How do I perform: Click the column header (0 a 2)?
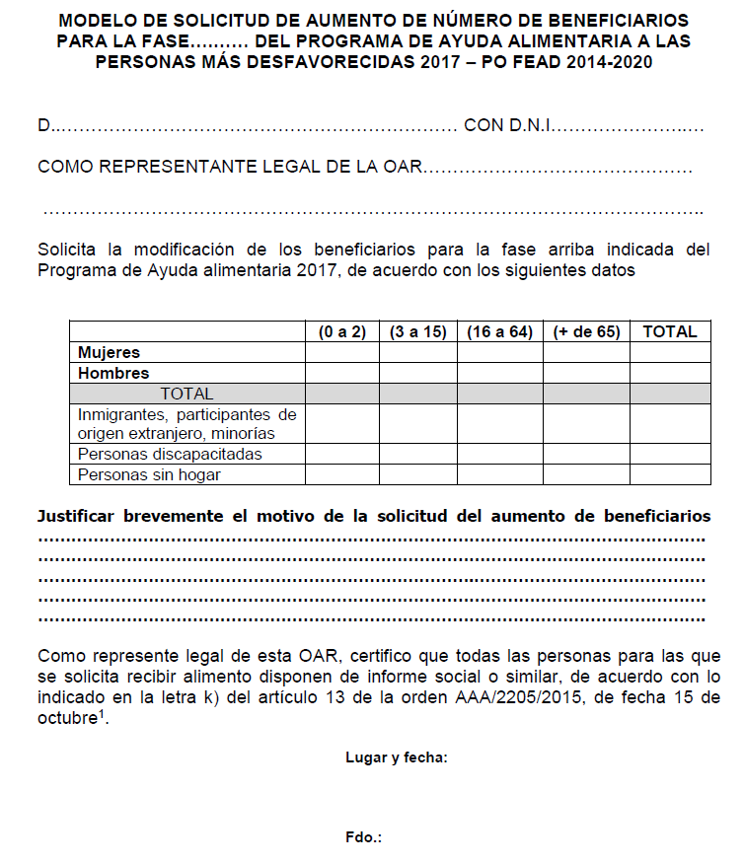pos(342,332)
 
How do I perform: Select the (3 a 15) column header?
pos(417,332)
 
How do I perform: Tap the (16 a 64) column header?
pos(499,332)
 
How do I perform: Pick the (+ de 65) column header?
pos(586,332)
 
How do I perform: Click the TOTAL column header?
pos(670,332)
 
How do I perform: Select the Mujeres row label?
pos(109,352)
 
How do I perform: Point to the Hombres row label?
pos(113,373)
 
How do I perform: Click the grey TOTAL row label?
pos(186,394)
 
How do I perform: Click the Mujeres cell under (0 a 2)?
pos(342,352)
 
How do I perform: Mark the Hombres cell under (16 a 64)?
pos(499,373)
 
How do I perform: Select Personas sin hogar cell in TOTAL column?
pos(670,474)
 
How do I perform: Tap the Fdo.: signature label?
pos(363,837)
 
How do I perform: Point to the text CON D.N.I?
pos(507,126)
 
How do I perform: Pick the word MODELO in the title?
pos(96,21)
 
